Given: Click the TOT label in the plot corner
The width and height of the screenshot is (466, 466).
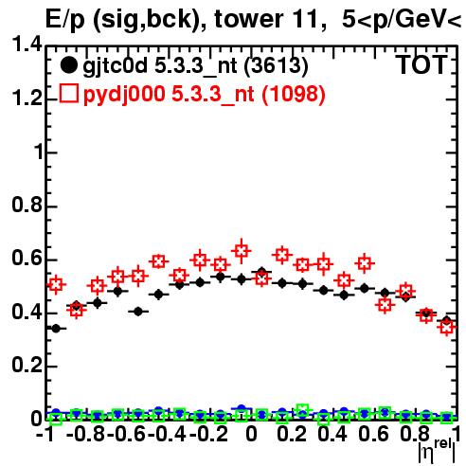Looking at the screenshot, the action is (x=421, y=64).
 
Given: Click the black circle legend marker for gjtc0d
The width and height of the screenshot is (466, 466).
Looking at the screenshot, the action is (x=68, y=65).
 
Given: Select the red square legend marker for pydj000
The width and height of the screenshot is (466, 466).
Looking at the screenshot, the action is (x=69, y=94).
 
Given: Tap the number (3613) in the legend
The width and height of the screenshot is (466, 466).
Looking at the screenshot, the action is (x=276, y=65).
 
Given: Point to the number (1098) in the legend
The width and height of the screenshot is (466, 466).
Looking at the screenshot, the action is (x=294, y=94).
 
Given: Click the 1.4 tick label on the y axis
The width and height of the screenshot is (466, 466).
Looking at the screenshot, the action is (x=27, y=45).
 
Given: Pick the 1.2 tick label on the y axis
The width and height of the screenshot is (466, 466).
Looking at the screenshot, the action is (x=27, y=98).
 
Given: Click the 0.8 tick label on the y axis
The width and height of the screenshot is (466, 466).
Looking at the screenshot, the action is (x=27, y=205).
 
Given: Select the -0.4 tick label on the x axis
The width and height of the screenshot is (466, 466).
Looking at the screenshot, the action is (x=167, y=434).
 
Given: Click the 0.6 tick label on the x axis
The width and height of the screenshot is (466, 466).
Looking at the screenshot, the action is (x=373, y=434).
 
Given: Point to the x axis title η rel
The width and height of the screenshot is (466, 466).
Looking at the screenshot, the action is (x=437, y=452).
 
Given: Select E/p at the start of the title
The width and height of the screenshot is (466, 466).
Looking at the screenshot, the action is (x=65, y=20).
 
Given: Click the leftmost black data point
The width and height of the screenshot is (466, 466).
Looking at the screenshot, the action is (x=56, y=329).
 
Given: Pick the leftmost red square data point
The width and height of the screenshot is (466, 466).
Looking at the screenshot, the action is (x=56, y=285).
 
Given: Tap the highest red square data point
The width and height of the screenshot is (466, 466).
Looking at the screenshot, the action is (x=242, y=251).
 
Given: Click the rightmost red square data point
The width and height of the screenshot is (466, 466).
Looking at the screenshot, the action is (x=447, y=327).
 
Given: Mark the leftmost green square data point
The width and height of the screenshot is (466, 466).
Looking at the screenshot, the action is (x=56, y=419).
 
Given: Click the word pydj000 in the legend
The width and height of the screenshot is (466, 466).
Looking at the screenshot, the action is (x=124, y=95).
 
